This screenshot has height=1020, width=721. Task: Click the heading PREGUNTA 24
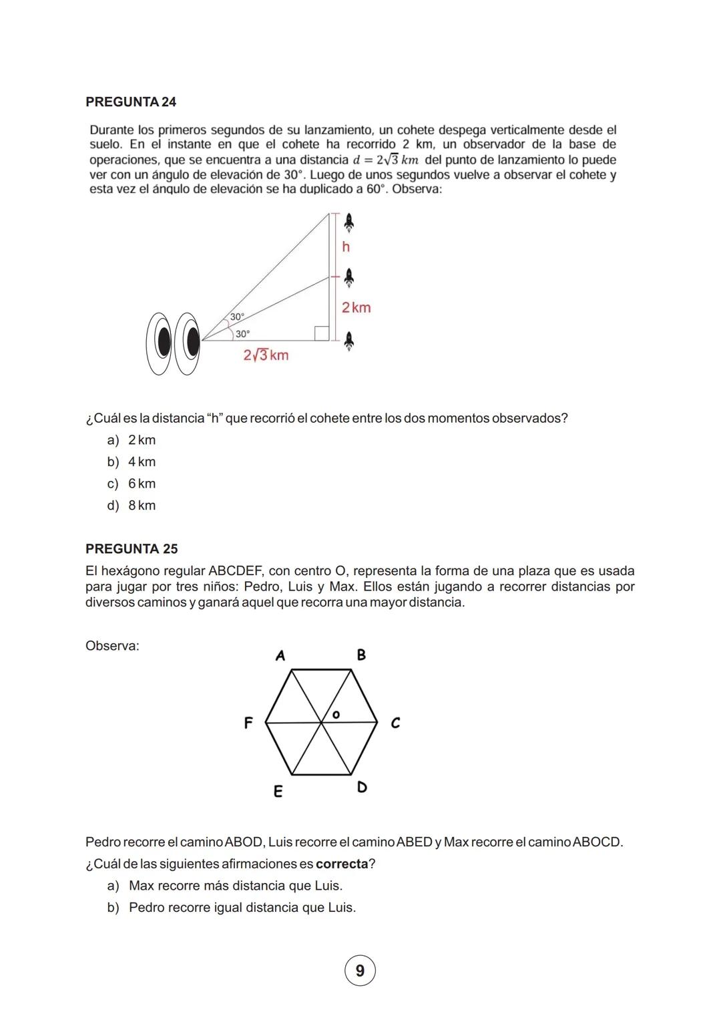click(131, 102)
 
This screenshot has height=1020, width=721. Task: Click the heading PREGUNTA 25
click(132, 549)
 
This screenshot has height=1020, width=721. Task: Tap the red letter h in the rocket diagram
click(346, 247)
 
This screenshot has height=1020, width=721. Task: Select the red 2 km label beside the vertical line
click(356, 308)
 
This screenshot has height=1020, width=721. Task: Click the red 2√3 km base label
click(266, 355)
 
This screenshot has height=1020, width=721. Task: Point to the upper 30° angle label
click(238, 317)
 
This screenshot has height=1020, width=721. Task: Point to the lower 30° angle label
click(242, 333)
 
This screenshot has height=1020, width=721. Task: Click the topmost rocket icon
click(348, 222)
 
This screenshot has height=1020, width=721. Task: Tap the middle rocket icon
click(348, 277)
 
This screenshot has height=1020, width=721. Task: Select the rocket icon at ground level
click(348, 341)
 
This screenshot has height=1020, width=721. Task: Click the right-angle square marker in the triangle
click(322, 333)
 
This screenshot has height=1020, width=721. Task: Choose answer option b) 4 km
click(132, 462)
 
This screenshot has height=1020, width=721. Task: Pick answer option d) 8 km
click(132, 506)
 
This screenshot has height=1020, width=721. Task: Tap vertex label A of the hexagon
click(280, 656)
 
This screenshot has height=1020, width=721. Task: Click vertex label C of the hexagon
click(395, 723)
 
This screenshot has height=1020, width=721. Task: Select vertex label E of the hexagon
click(278, 792)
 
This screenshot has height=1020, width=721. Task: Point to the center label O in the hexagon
click(336, 715)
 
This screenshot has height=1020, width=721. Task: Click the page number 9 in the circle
click(360, 971)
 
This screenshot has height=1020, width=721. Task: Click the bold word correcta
click(342, 864)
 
